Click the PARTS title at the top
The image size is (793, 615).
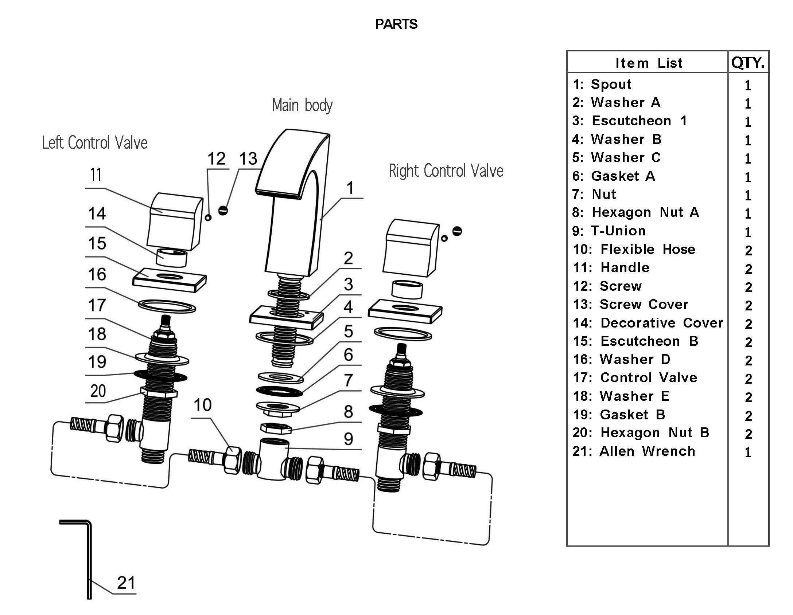click(396, 24)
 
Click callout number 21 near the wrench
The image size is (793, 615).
click(126, 583)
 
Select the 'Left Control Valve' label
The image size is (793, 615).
click(95, 142)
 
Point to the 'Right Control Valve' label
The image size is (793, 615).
click(446, 171)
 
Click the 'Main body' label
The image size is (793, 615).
click(302, 105)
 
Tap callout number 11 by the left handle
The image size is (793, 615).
click(96, 175)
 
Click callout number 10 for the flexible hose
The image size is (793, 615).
click(202, 405)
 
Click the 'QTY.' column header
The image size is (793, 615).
click(747, 63)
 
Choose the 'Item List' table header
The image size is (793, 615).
click(648, 63)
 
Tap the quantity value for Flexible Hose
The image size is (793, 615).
click(748, 250)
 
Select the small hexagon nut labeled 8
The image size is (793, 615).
click(276, 427)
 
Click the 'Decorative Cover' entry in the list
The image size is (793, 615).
click(648, 323)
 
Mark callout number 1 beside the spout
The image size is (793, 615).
click(350, 188)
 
